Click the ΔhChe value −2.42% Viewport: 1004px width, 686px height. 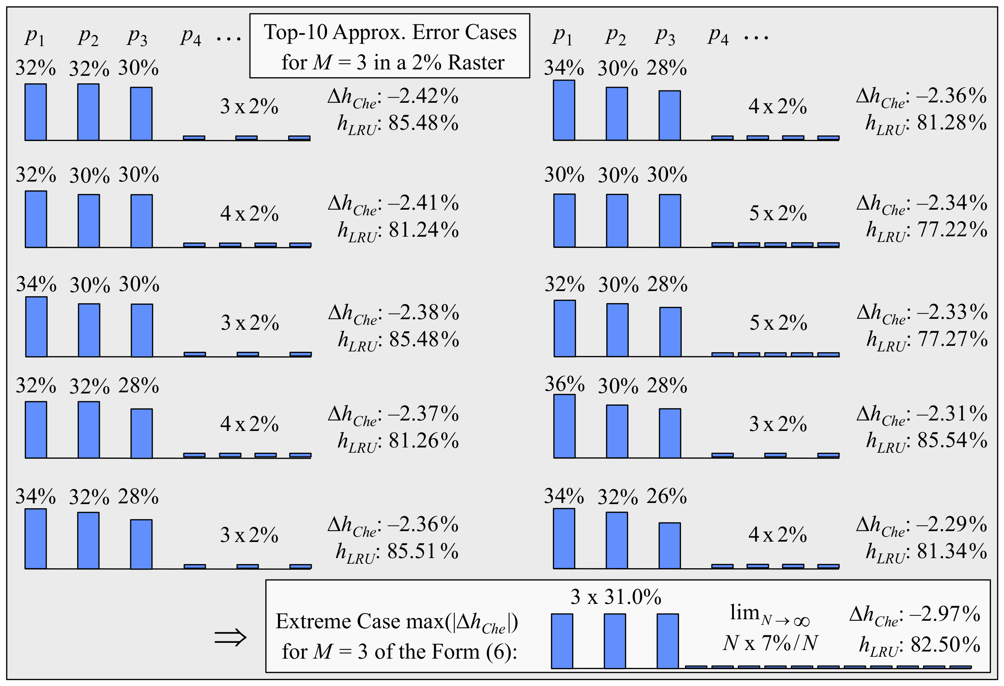423,96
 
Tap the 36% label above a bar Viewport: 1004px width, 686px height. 564,384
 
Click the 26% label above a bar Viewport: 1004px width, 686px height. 667,496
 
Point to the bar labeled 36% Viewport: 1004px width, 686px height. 564,426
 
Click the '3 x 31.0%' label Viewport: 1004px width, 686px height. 616,597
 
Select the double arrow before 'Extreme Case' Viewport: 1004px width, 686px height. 230,637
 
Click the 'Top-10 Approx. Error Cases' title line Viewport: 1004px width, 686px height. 390,32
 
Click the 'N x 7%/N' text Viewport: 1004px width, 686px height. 770,643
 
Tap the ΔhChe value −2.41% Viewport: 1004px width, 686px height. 423,203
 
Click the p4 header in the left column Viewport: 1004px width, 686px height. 191,36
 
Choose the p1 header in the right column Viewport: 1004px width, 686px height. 562,36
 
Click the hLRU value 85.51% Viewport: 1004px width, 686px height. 422,551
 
